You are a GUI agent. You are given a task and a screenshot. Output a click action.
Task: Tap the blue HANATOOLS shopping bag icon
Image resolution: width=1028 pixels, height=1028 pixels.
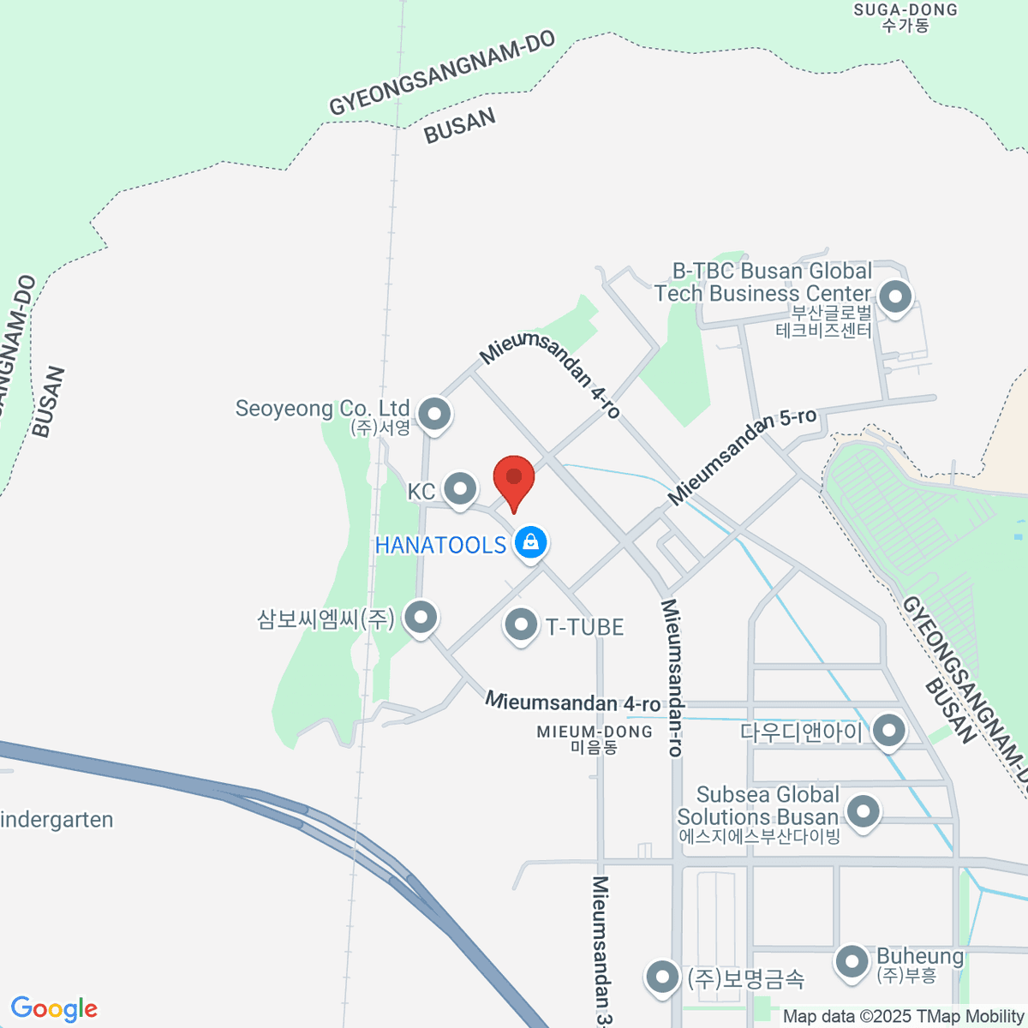531,543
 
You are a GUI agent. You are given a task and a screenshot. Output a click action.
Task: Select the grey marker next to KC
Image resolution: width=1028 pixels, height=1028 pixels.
461,489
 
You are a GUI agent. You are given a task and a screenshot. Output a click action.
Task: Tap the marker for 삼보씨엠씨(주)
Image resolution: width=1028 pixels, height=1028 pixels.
421,616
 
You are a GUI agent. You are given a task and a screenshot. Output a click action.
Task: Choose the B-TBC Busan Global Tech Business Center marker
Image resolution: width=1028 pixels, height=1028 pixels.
896,298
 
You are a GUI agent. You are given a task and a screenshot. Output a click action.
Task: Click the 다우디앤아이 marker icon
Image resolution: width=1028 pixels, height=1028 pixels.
889,731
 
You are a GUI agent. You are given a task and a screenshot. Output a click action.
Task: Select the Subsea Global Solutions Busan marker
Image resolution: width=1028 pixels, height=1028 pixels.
863,810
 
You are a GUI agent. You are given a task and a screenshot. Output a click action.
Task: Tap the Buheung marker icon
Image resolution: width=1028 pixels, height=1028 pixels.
852,960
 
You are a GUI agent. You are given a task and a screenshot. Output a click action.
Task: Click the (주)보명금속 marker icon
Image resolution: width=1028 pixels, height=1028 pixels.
661,976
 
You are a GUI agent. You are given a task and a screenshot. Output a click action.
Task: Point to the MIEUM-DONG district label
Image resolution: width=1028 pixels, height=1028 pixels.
595,738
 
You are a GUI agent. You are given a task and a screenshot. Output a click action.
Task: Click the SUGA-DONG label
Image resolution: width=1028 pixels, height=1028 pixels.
905,17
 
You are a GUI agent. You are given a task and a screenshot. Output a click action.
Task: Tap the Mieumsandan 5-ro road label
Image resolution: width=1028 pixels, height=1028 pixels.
742,456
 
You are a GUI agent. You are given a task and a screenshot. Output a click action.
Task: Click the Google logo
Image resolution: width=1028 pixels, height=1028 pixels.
54,1008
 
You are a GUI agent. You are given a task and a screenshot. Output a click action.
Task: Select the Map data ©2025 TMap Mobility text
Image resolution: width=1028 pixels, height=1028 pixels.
903,1016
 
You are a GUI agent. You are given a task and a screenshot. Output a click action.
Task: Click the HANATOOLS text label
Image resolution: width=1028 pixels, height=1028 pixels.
440,545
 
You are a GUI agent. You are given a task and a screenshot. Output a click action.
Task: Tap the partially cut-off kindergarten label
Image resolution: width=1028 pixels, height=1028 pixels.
57,820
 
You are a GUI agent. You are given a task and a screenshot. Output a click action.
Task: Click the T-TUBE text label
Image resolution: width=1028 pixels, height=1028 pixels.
585,627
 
